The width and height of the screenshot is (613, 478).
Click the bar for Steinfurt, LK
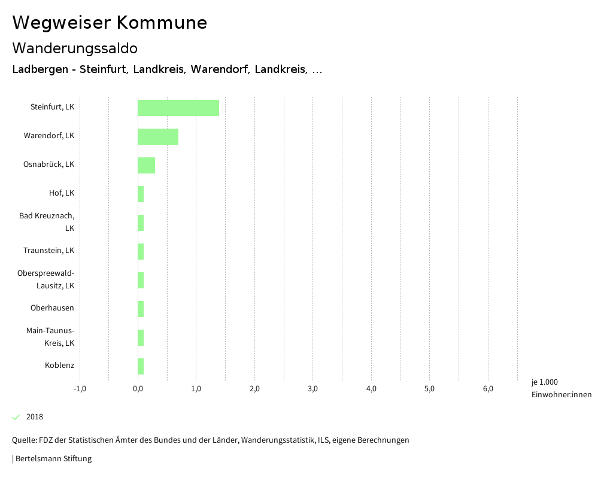point(178,108)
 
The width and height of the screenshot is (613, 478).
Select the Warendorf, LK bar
point(158,136)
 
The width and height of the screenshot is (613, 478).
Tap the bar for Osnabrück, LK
point(146,165)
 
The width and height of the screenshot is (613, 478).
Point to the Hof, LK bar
point(141,194)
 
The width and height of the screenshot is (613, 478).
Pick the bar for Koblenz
point(141,366)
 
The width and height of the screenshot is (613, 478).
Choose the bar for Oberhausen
point(141,309)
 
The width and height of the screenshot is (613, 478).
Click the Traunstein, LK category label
point(49,250)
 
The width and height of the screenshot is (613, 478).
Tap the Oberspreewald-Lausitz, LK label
point(46,279)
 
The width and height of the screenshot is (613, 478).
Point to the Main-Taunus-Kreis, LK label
point(50,337)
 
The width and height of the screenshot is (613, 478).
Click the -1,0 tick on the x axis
point(80,389)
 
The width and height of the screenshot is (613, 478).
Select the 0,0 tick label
point(138,389)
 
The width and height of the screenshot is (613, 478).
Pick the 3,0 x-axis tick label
point(312,389)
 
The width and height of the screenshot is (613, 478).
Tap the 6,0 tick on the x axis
point(488,389)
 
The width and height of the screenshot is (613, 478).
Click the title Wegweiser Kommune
point(110,23)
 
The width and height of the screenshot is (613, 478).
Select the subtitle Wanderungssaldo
point(75,48)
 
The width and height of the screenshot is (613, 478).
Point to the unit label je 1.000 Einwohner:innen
point(561,388)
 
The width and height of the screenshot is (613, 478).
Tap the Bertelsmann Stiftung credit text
point(53,459)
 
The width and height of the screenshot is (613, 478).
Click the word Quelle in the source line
point(24,440)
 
